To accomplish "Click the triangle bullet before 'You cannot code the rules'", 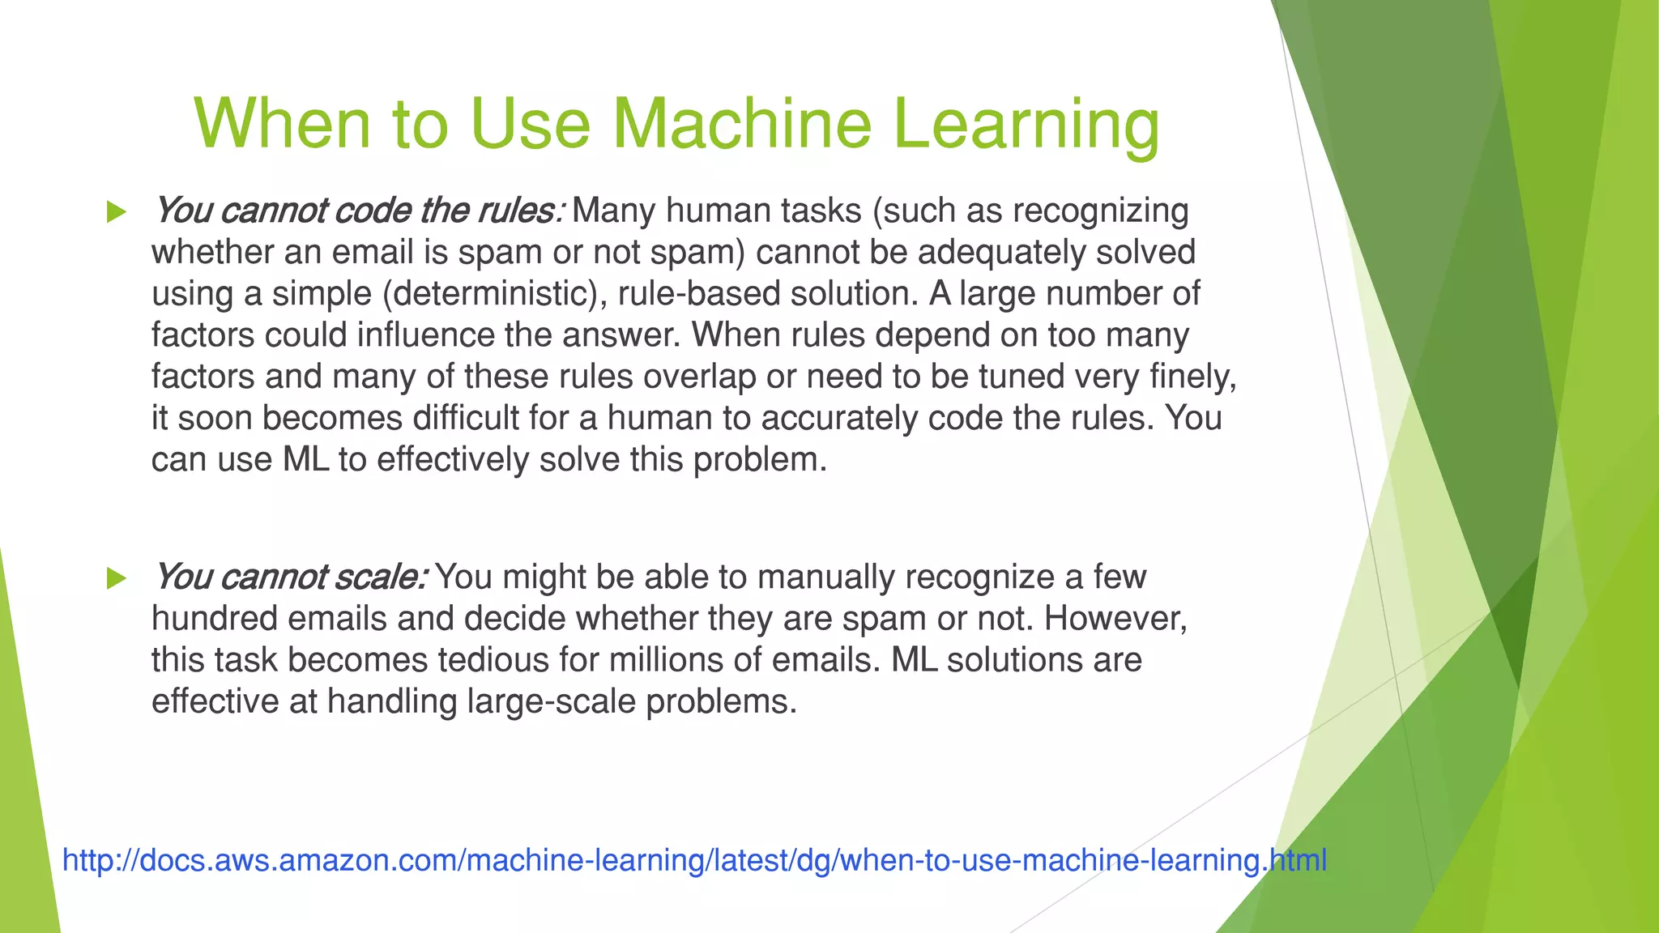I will tap(117, 212).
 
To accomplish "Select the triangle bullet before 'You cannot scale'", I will tap(117, 578).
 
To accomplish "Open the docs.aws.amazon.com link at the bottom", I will tap(694, 859).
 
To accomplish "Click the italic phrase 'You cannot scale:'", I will tap(290, 577).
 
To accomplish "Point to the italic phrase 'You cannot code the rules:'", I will tap(357, 211).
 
